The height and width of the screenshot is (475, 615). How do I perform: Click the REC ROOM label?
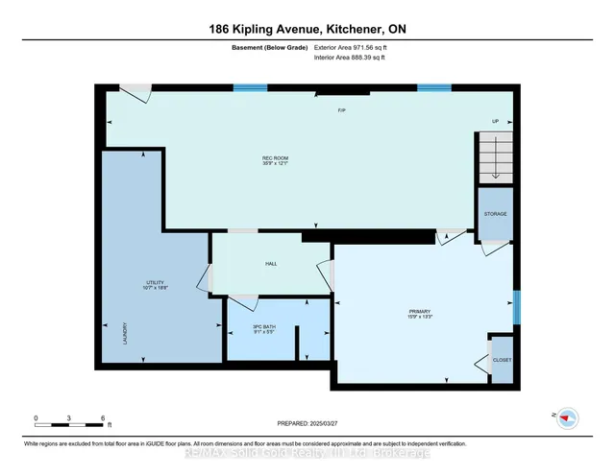tap(276, 158)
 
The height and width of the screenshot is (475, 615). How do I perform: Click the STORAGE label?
tap(495, 214)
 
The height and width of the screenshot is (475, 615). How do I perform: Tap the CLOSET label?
tap(502, 359)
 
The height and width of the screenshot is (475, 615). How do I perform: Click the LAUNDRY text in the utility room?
tap(124, 333)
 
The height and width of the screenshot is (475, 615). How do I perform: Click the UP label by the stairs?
tap(496, 121)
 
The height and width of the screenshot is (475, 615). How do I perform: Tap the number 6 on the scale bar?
tap(102, 418)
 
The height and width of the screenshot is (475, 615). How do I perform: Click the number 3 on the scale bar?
tap(69, 418)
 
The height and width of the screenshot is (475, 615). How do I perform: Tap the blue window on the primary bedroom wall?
tap(516, 307)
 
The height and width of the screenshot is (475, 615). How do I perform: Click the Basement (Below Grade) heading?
tap(269, 46)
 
